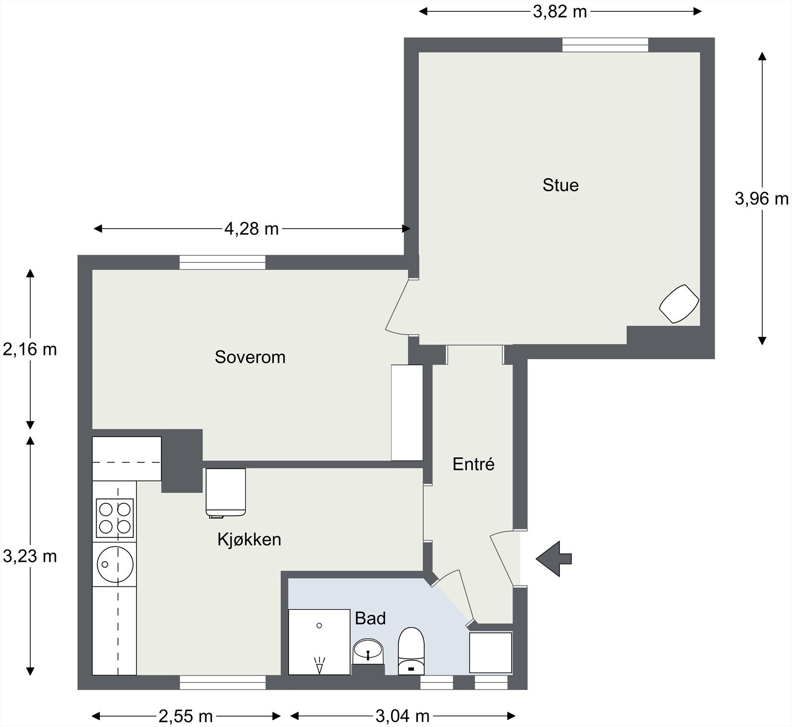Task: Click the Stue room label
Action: click(560, 185)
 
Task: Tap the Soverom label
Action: click(250, 357)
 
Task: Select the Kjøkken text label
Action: click(249, 539)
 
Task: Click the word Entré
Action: click(474, 464)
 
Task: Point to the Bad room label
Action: click(370, 618)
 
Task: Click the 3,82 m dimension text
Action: click(559, 11)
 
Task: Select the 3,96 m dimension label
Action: click(761, 198)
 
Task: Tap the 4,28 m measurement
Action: click(251, 229)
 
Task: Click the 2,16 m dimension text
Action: click(30, 349)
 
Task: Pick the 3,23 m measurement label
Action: click(30, 556)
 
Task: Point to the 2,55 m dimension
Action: click(186, 716)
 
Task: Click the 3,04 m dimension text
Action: click(402, 716)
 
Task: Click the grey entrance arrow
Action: click(554, 559)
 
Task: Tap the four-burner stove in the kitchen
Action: click(114, 518)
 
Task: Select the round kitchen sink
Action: click(114, 564)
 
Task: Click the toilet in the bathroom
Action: click(411, 650)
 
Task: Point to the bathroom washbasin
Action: click(368, 650)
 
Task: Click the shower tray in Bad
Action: click(319, 642)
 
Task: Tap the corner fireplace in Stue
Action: click(679, 303)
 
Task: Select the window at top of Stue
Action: click(605, 45)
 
